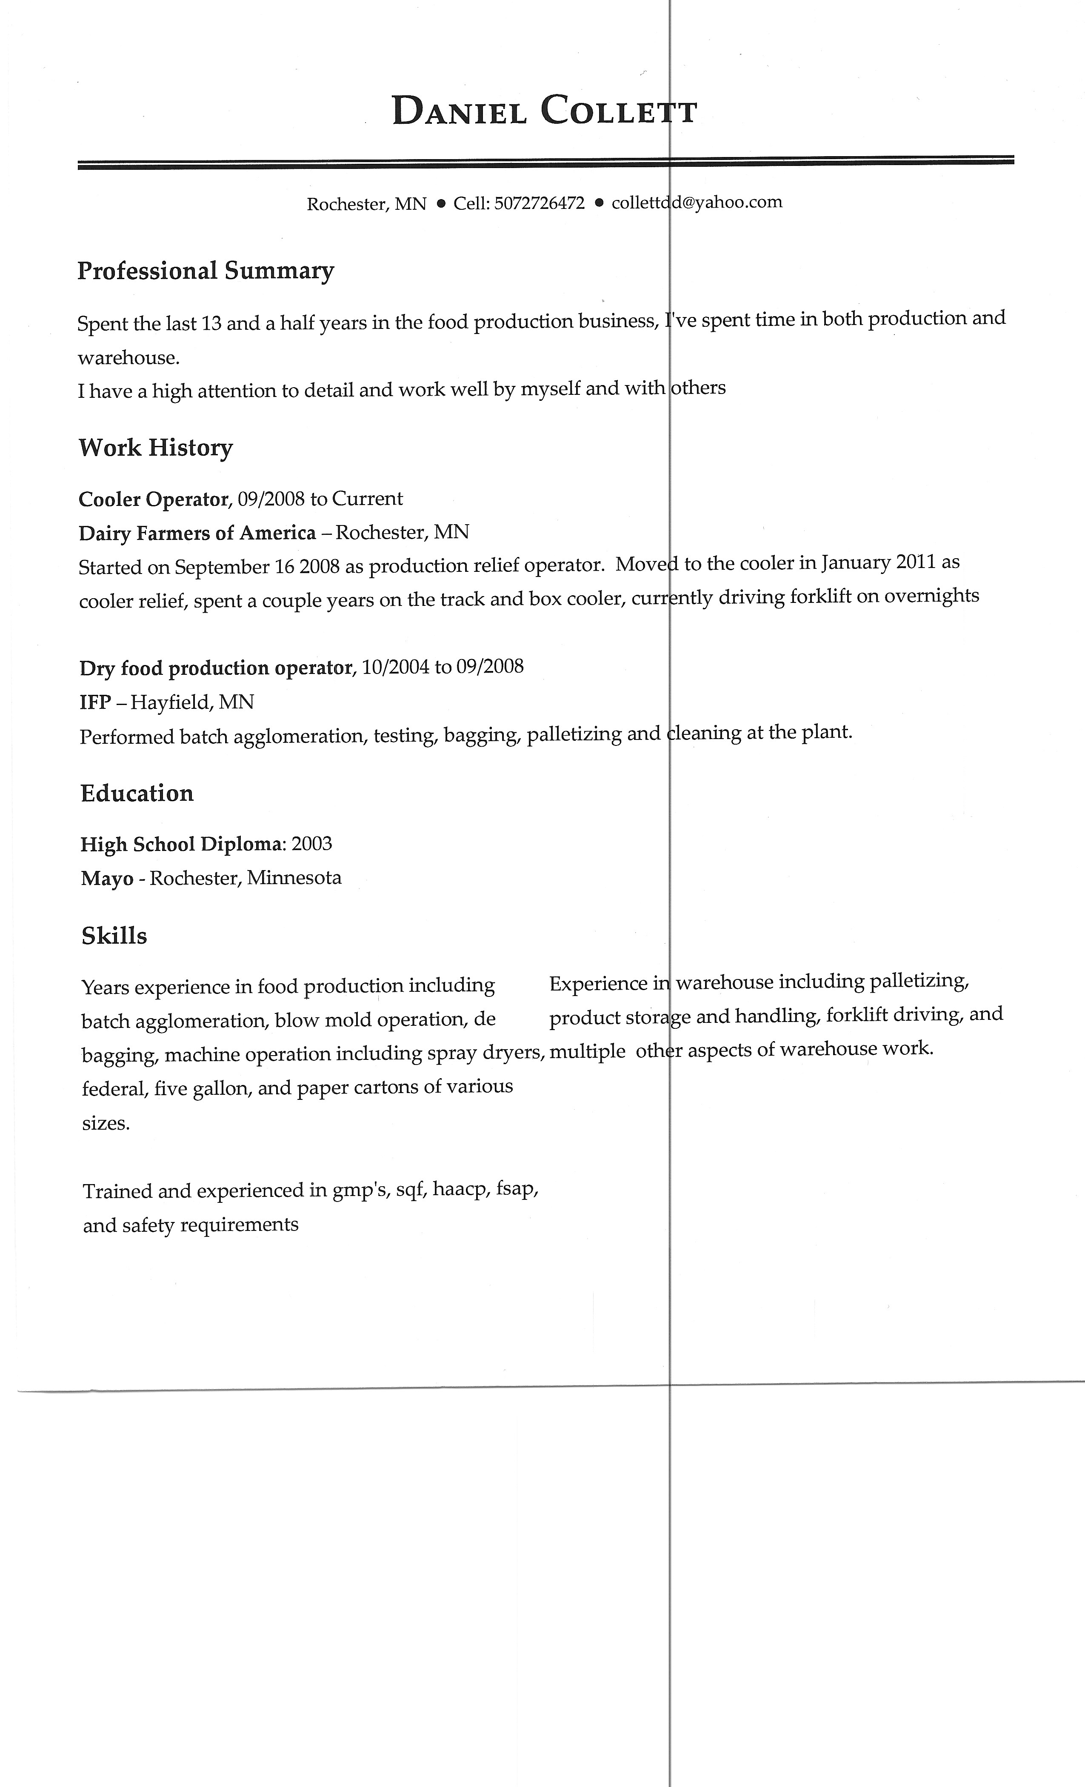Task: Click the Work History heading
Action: point(155,448)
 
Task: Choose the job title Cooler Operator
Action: point(154,500)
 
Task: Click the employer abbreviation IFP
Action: point(94,702)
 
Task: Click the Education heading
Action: point(137,794)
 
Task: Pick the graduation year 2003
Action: point(312,844)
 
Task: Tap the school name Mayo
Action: point(107,879)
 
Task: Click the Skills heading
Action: point(114,936)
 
